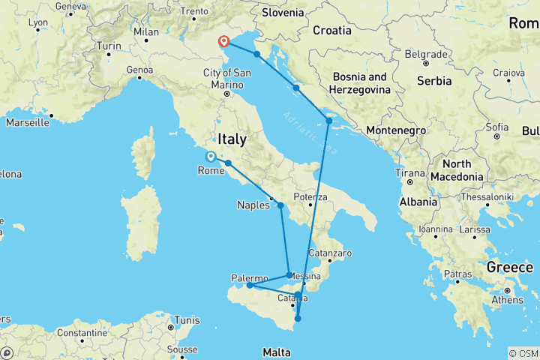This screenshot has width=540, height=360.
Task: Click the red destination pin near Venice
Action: (223, 42)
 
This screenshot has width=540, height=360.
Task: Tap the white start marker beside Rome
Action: (211, 157)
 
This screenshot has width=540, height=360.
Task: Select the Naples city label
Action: (253, 204)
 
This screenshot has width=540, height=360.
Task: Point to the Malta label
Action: (276, 352)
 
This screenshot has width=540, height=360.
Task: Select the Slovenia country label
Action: (283, 12)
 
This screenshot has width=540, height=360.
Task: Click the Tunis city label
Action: (184, 319)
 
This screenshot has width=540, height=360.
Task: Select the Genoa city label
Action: (139, 70)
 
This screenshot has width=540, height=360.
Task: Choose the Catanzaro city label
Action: (331, 253)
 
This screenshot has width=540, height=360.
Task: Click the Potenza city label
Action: (310, 197)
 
